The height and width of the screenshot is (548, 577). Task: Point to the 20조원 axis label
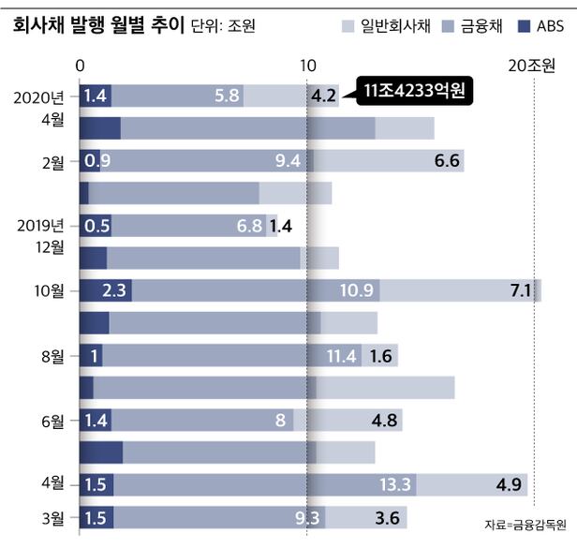point(531,67)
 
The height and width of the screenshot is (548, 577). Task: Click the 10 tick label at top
point(307,67)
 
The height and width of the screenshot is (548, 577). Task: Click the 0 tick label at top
point(81,67)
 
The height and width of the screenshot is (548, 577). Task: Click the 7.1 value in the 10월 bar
point(521,290)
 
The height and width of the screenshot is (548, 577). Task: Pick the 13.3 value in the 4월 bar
point(397,484)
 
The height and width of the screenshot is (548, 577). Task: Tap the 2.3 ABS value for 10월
point(114,290)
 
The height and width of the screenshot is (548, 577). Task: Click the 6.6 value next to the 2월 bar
point(448,161)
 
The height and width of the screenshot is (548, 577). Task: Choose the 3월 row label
point(52,517)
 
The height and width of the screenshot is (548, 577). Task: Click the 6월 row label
point(52,421)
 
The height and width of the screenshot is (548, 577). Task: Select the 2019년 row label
point(41,225)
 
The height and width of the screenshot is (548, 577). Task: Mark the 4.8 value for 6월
point(385,421)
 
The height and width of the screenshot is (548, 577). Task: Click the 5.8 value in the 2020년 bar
point(228,96)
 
